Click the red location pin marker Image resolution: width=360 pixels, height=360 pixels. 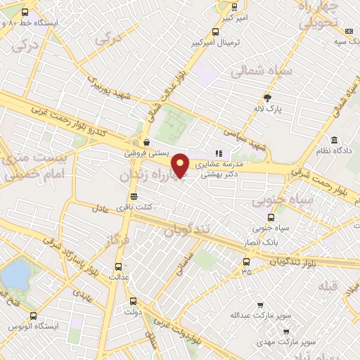click(x=181, y=165)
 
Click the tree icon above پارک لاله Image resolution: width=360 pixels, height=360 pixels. click(x=267, y=98)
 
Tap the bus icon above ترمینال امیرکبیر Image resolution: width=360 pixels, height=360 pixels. click(x=215, y=32)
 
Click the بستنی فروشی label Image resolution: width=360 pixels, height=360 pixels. click(x=144, y=153)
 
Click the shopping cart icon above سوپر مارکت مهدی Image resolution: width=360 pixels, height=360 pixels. click(x=286, y=330)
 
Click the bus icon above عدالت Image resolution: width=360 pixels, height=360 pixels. click(x=117, y=266)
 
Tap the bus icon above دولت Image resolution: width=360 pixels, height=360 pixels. click(x=128, y=300)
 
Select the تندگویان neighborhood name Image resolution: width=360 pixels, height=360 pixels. click(x=186, y=230)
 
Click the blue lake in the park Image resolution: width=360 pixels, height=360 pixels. click(x=16, y=275)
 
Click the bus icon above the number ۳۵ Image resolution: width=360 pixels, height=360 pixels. click(x=244, y=262)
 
